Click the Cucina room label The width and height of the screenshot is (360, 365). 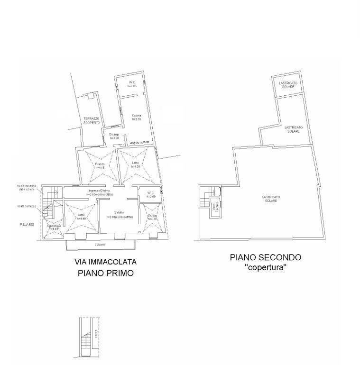pos(137,115)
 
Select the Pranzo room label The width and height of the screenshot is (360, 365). pos(99,164)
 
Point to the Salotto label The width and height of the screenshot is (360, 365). pos(119,212)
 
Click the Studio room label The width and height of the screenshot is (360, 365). pos(152,216)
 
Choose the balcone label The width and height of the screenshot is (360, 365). pos(100,245)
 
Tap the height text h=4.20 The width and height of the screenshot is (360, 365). pos(137,167)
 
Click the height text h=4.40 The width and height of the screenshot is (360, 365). pos(81,219)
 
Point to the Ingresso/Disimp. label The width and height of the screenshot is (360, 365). pos(99,191)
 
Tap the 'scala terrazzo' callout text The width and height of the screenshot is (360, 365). pos(27,206)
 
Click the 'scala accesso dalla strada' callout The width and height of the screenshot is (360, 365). pos(27,187)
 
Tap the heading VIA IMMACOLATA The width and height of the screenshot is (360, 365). pos(105,261)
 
